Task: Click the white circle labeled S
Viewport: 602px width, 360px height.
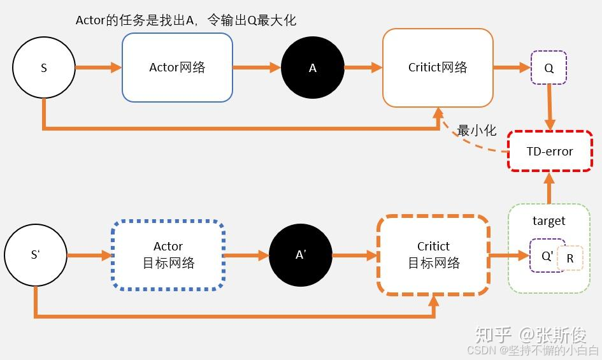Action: coord(43,68)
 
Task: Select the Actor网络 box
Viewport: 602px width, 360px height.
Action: coord(177,68)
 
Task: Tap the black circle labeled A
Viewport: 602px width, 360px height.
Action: coord(312,68)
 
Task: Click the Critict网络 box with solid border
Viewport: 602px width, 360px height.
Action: coord(438,68)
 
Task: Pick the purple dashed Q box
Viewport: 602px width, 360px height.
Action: coord(548,68)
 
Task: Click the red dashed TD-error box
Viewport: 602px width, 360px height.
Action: coord(549,151)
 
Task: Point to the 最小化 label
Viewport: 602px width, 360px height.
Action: coord(477,130)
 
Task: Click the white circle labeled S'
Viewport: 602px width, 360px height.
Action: coord(35,256)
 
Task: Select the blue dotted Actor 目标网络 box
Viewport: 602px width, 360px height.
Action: coord(168,255)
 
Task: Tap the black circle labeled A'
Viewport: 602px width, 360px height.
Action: coord(301,256)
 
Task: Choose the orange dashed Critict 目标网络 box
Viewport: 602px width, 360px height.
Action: coord(433,255)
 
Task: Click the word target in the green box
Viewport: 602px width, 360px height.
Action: coord(548,221)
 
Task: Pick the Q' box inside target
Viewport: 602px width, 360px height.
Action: coord(546,256)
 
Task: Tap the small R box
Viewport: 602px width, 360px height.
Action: coord(570,259)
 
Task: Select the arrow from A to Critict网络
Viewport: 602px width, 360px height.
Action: coord(362,67)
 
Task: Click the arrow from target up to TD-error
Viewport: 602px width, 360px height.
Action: coord(549,187)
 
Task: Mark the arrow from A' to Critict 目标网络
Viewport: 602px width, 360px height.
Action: coord(354,256)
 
